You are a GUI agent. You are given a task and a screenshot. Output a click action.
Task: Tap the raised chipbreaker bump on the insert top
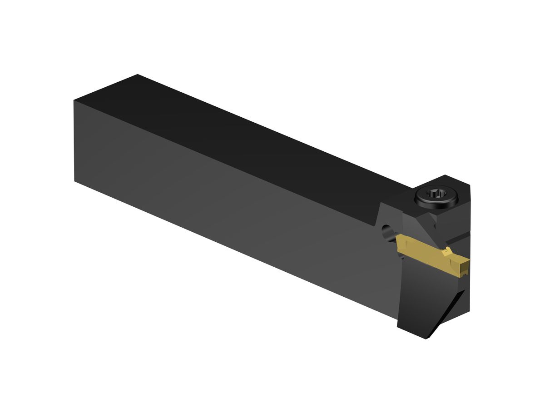[x=448, y=251]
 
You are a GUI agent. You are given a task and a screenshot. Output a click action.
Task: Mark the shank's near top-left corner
[x=74, y=100]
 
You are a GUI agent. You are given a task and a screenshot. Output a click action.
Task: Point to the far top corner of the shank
[x=137, y=75]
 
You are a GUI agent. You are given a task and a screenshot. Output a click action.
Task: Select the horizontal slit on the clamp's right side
[x=459, y=239]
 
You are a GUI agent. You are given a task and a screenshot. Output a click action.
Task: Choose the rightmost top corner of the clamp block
[x=470, y=185]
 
